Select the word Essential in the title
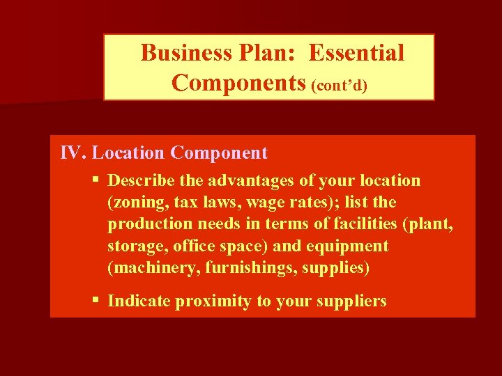click(x=356, y=53)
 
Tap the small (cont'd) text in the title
click(x=340, y=85)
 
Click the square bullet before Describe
click(x=96, y=180)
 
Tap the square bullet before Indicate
click(x=96, y=301)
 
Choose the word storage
click(x=134, y=246)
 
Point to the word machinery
click(x=145, y=268)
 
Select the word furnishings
click(x=234, y=268)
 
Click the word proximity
click(x=208, y=301)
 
